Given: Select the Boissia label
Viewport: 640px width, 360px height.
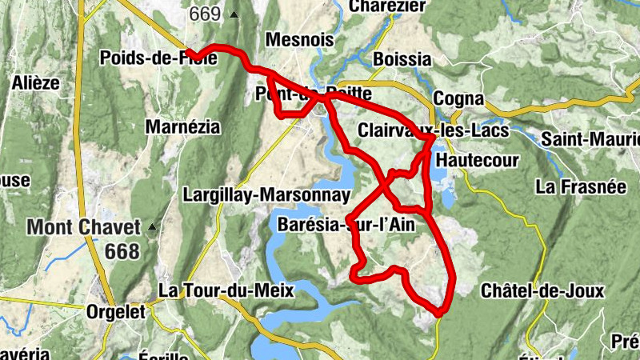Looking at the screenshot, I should tap(402, 59).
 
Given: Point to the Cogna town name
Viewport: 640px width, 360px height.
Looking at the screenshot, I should tap(458, 98).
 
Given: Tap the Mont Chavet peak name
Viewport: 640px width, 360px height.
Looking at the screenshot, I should tap(83, 227).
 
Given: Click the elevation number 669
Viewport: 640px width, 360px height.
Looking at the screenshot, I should tap(206, 14).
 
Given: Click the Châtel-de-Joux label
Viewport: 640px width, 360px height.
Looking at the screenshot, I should tap(542, 290).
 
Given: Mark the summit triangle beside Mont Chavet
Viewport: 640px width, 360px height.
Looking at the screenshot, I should tap(151, 226).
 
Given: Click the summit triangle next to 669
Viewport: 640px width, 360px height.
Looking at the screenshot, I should tap(234, 14).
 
